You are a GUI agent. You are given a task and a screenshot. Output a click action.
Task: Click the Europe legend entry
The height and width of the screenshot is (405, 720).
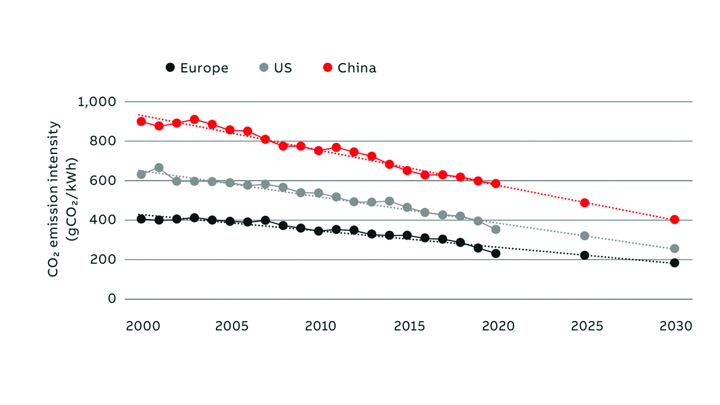197,68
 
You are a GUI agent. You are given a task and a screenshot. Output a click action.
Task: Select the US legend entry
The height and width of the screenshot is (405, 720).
276,68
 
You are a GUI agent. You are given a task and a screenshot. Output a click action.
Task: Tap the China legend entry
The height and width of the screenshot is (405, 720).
349,68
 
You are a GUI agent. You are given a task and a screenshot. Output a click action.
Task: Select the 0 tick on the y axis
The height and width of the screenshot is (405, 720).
112,299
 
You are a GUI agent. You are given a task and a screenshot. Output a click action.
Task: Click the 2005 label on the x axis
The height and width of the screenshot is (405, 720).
230,326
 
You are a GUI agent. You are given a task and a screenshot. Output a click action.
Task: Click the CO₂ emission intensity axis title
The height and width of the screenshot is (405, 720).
61,200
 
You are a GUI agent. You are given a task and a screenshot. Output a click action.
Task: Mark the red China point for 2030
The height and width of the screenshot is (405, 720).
674,219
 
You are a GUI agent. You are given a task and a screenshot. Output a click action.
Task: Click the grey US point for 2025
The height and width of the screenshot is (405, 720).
584,236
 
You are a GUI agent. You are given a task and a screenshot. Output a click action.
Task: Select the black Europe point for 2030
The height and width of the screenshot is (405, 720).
674,263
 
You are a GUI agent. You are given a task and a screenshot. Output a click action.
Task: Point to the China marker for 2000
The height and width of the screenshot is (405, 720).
141,121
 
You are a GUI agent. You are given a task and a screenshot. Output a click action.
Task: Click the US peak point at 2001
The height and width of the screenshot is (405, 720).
159,168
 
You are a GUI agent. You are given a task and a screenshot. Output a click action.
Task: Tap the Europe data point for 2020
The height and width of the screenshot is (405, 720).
496,254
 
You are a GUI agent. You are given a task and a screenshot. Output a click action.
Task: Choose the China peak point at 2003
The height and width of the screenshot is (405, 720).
195,119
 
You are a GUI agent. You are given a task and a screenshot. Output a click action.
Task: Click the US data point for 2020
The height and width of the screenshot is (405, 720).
496,229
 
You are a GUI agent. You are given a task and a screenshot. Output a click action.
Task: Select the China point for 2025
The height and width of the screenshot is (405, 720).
584,202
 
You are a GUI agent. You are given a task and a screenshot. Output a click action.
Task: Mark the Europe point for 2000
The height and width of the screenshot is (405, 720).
141,219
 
